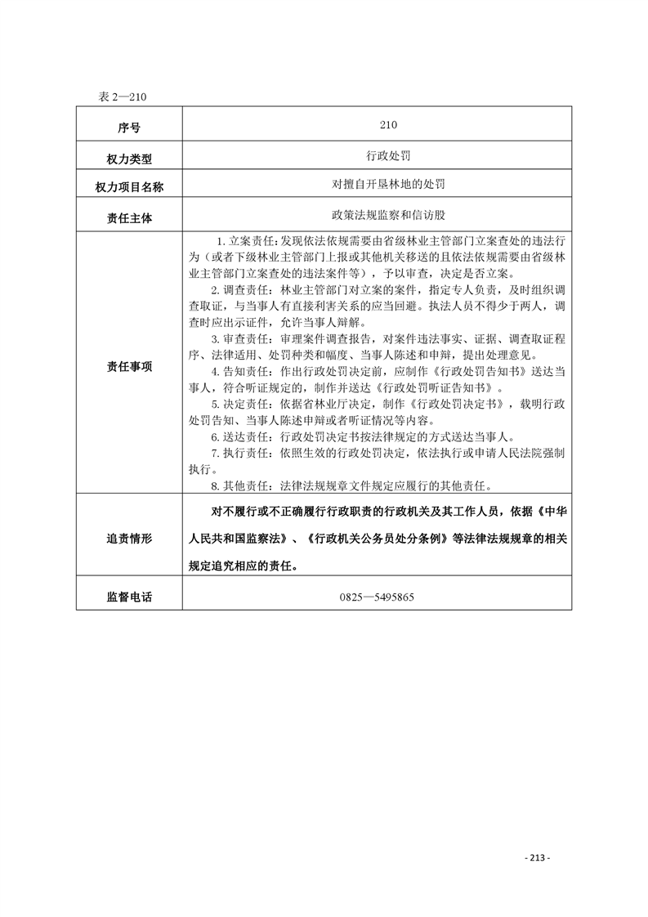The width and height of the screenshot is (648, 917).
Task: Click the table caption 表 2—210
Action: click(122, 96)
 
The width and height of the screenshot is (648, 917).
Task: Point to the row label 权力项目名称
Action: click(129, 188)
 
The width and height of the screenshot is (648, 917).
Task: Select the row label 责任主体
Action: click(129, 218)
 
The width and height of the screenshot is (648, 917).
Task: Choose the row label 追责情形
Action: click(129, 539)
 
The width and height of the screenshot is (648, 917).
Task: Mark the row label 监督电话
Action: click(129, 597)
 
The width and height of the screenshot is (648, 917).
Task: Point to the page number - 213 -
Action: click(536, 857)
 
